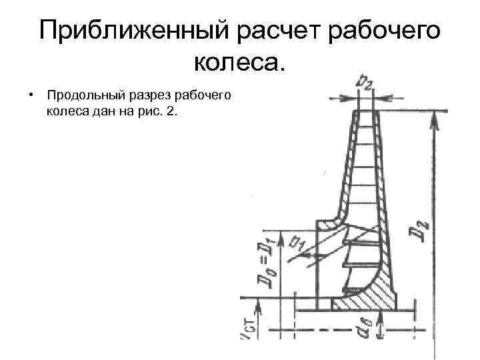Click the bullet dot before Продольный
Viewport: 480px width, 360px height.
click(x=31, y=95)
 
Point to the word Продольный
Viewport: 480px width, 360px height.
click(x=77, y=95)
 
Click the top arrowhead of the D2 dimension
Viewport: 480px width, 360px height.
click(x=435, y=117)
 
